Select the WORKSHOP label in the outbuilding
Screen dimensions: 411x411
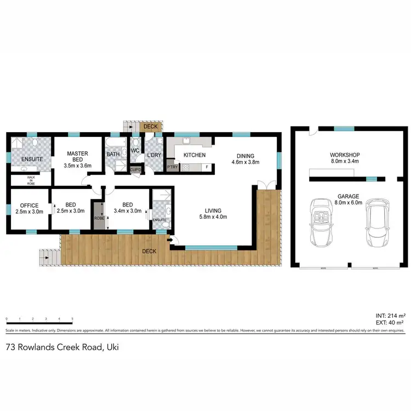(x=344, y=155)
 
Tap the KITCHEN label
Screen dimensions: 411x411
(x=194, y=156)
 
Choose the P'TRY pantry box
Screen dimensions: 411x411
(x=173, y=167)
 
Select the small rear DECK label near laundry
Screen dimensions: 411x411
(x=150, y=127)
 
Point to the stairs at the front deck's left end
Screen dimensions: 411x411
(x=48, y=256)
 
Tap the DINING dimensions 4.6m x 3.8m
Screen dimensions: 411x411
(x=245, y=162)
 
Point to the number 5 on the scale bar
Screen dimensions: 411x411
(x=72, y=318)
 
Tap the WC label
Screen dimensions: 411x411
(x=135, y=151)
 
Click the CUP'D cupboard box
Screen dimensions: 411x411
(x=135, y=169)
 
